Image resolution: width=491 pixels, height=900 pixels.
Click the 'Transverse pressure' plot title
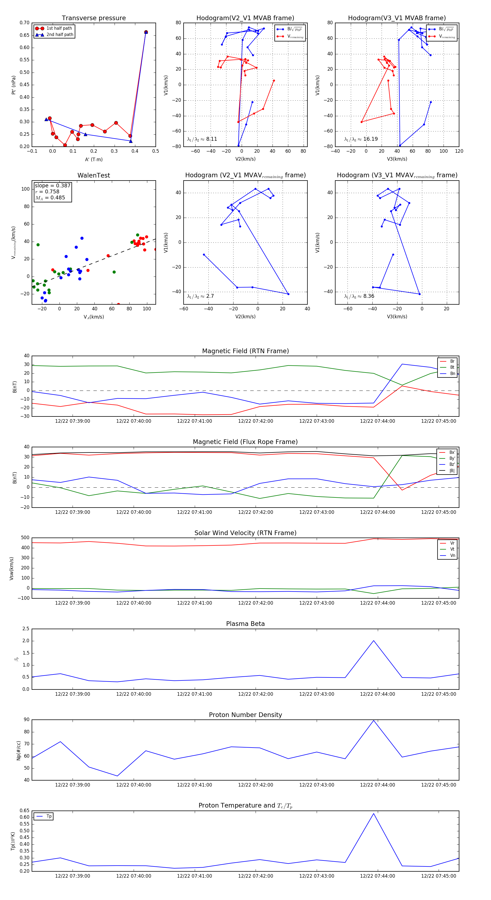pyautogui.click(x=94, y=18)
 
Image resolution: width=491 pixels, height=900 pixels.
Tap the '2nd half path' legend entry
pyautogui.click(x=60, y=35)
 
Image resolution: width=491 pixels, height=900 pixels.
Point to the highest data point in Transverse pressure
pyautogui.click(x=146, y=32)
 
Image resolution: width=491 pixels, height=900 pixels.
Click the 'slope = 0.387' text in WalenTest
pyautogui.click(x=52, y=185)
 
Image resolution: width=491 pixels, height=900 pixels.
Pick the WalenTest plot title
pyautogui.click(x=94, y=175)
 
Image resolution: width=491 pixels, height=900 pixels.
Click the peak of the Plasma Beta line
pyautogui.click(x=374, y=641)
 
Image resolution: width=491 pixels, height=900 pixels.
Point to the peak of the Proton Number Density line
pyautogui.click(x=374, y=721)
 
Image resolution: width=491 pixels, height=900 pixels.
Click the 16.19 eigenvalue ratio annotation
pyautogui.click(x=370, y=139)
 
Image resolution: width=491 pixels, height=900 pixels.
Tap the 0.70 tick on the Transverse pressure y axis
pyautogui.click(x=25, y=23)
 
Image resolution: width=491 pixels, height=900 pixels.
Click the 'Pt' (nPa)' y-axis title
pyautogui.click(x=14, y=85)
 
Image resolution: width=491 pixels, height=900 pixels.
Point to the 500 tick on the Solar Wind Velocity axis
pyautogui.click(x=25, y=538)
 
